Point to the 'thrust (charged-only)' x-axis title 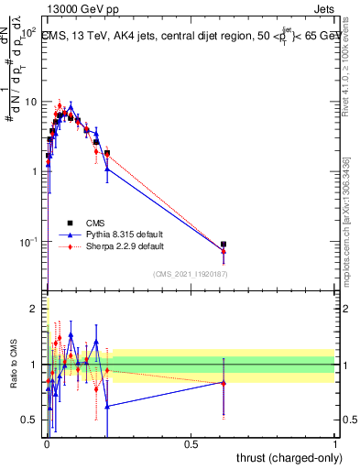[284, 457]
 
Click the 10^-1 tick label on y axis [34, 242]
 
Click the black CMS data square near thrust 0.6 [224, 245]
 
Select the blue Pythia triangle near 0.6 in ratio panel [224, 382]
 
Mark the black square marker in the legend [71, 222]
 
